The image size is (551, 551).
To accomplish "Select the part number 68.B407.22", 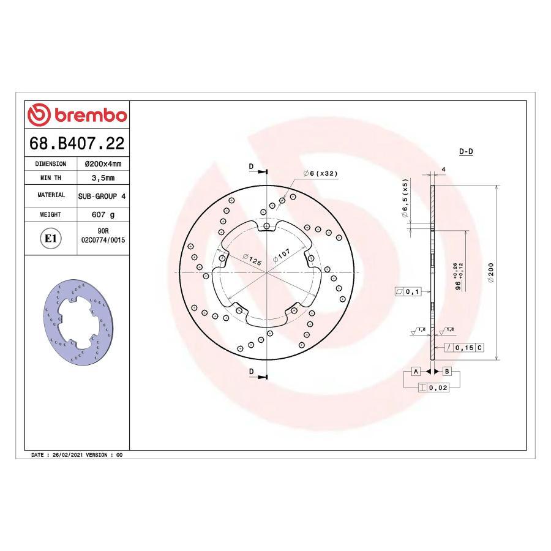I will coord(77,144).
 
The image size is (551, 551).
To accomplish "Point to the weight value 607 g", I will coord(103,215).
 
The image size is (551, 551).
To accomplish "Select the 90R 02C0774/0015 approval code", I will coord(102,237).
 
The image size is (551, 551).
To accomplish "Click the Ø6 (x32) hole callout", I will coord(320,173).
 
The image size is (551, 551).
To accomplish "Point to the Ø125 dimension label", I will coord(252,259).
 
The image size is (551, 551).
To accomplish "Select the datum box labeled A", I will coord(416,372).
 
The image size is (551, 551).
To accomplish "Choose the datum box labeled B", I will coord(447,372).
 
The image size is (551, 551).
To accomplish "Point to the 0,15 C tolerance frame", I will coord(467,348).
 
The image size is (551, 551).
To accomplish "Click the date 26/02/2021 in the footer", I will coord(67,455).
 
